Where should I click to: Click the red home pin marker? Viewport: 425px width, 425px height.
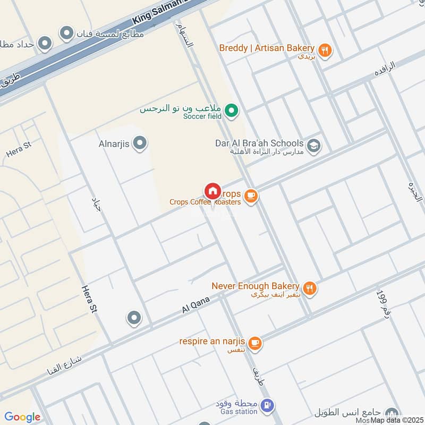pyautogui.click(x=212, y=191)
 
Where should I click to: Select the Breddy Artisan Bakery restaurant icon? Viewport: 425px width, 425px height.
pyautogui.click(x=325, y=50)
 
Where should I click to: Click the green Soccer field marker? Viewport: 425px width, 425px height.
pyautogui.click(x=231, y=111)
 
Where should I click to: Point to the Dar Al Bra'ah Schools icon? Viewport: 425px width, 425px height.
pyautogui.click(x=314, y=146)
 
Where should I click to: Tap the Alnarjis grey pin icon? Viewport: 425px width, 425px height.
pyautogui.click(x=140, y=143)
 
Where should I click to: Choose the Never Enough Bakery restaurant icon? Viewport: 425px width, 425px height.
pyautogui.click(x=310, y=288)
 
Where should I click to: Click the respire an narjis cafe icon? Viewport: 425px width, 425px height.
pyautogui.click(x=255, y=343)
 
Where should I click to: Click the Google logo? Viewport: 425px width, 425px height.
pyautogui.click(x=22, y=418)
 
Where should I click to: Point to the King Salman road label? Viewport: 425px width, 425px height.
pyautogui.click(x=159, y=11)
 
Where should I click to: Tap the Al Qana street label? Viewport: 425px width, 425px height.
pyautogui.click(x=195, y=304)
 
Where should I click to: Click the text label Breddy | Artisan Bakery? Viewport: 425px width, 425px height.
pyautogui.click(x=267, y=48)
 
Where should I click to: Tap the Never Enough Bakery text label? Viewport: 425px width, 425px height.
pyautogui.click(x=256, y=286)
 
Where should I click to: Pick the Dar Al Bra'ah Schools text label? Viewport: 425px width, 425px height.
pyautogui.click(x=259, y=143)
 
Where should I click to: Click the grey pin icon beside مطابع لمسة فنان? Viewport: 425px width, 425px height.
pyautogui.click(x=66, y=33)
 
